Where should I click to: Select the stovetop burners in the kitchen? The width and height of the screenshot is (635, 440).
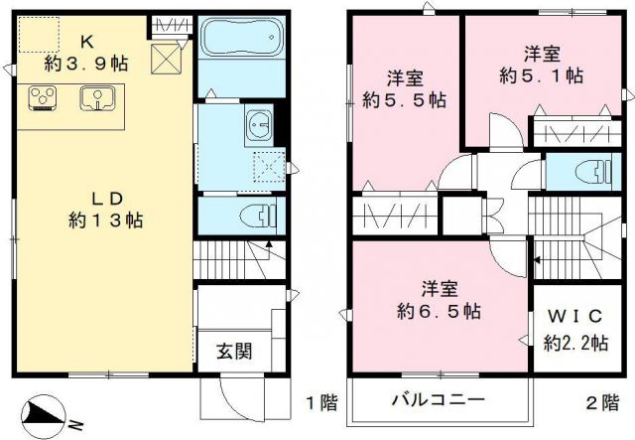43,96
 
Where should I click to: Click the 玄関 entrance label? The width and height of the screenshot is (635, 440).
234,352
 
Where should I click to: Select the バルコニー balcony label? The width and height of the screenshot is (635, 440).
438,400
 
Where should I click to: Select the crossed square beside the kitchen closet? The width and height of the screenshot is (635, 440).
165,60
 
